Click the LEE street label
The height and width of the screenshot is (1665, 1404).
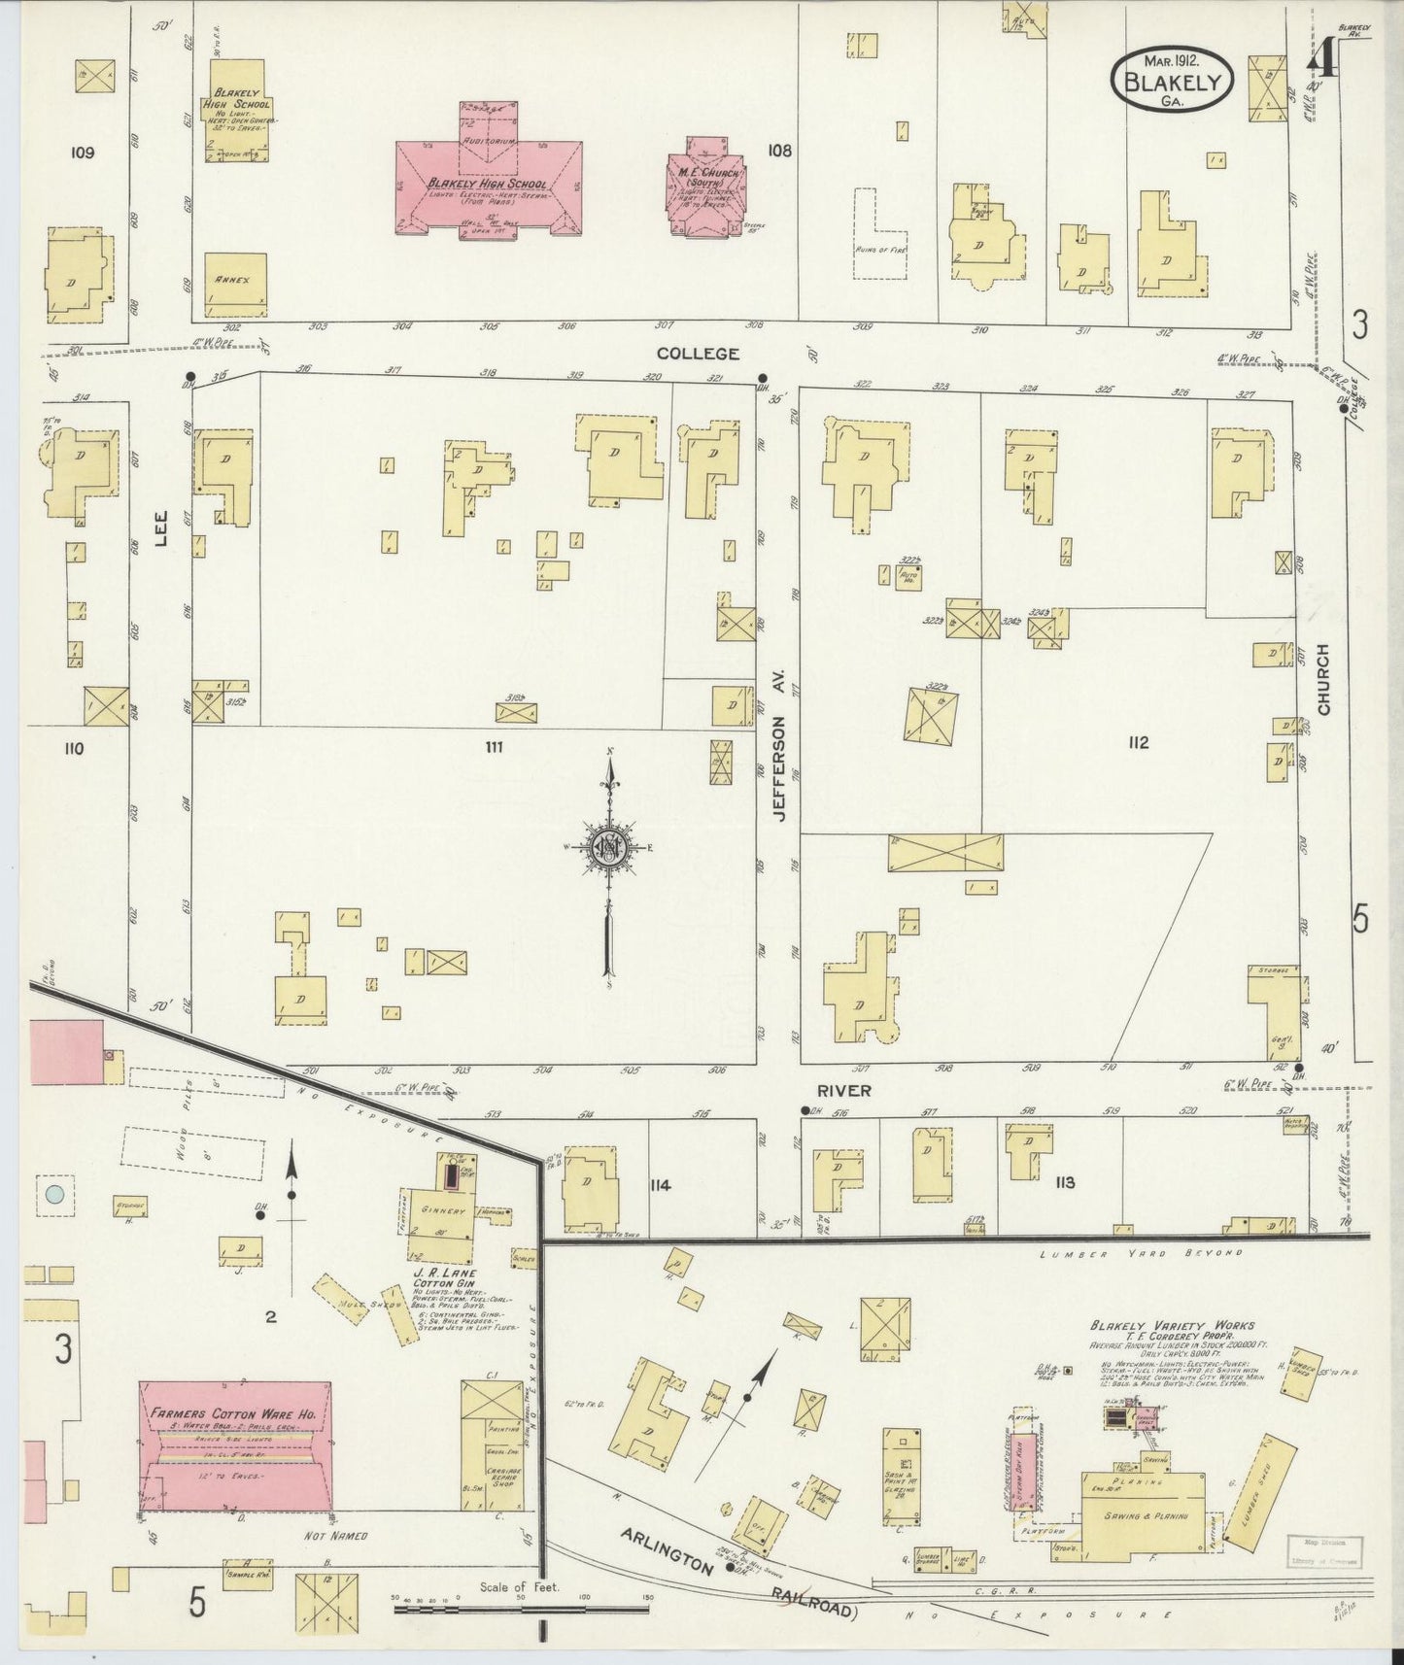161,528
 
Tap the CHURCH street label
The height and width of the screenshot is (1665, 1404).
1323,680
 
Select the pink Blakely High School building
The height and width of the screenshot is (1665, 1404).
489,187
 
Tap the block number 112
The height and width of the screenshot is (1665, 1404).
1139,743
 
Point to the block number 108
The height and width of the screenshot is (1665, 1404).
779,151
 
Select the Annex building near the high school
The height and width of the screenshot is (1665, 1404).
234,285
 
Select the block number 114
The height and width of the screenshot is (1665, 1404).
668,1184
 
